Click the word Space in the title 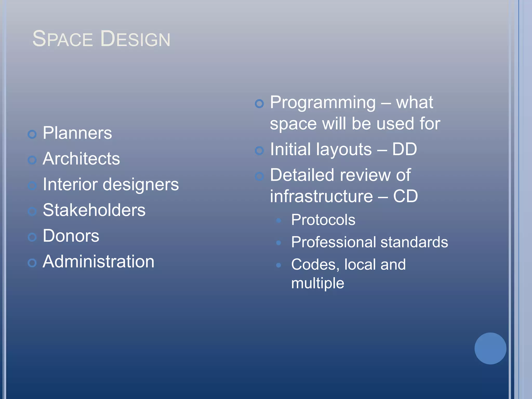(x=62, y=39)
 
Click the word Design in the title (x=135, y=39)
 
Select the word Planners (x=77, y=133)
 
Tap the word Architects (x=81, y=159)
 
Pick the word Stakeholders (x=94, y=210)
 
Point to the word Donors (x=71, y=236)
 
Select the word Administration (x=98, y=261)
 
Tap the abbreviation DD (x=404, y=149)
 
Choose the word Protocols (x=323, y=220)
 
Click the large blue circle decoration (x=490, y=348)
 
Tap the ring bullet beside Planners (x=32, y=134)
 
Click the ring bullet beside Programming (x=259, y=104)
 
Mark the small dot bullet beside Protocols (x=278, y=221)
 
